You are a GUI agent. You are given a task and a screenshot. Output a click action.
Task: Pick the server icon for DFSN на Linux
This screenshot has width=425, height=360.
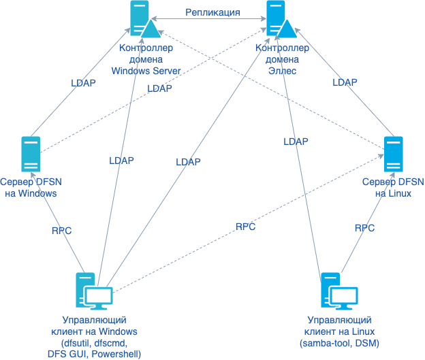point(393,154)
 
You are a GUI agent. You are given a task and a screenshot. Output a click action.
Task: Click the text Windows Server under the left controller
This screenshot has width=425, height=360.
point(146,70)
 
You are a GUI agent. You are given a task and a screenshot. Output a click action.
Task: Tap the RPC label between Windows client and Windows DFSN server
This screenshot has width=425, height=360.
point(61,231)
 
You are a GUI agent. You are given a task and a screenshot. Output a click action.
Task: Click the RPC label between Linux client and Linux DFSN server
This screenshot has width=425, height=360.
point(365,229)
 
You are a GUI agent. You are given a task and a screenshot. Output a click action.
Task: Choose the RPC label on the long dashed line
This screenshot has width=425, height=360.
point(245,227)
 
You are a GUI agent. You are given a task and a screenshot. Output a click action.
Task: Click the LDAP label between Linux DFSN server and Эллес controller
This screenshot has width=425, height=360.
point(345,82)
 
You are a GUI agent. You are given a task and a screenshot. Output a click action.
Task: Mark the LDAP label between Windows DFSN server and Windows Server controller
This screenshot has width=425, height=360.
point(83,83)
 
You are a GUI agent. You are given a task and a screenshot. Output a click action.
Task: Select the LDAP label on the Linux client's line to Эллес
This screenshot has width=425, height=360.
point(296,142)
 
